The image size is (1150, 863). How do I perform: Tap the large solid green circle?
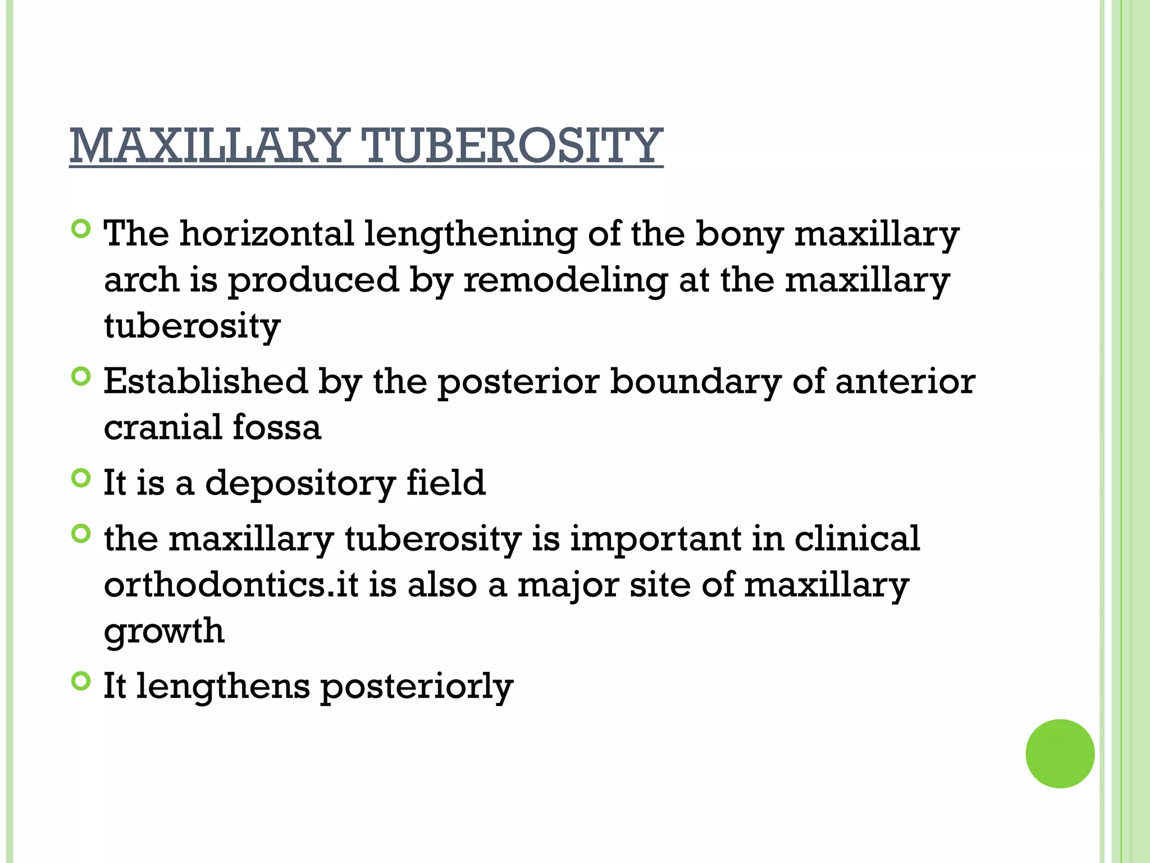[1060, 753]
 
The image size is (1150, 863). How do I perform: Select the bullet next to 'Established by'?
[81, 376]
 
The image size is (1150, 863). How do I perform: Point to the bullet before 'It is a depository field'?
[81, 478]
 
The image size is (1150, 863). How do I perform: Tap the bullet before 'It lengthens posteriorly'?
[81, 682]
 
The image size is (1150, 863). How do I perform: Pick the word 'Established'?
[206, 381]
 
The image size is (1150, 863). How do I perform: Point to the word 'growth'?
[164, 632]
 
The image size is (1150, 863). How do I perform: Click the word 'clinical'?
[857, 539]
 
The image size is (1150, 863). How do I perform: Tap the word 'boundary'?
[695, 383]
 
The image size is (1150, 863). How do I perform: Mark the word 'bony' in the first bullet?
[739, 235]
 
